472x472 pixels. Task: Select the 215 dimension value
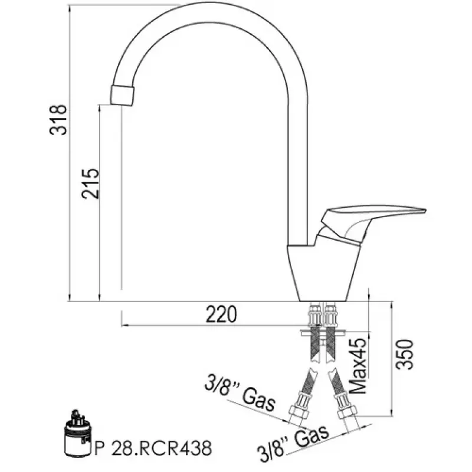tap(90, 183)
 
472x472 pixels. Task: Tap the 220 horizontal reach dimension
tap(221, 314)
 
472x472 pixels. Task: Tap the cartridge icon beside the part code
tap(77, 434)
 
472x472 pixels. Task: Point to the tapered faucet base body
tap(322, 271)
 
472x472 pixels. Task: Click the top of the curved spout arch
tap(212, 12)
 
